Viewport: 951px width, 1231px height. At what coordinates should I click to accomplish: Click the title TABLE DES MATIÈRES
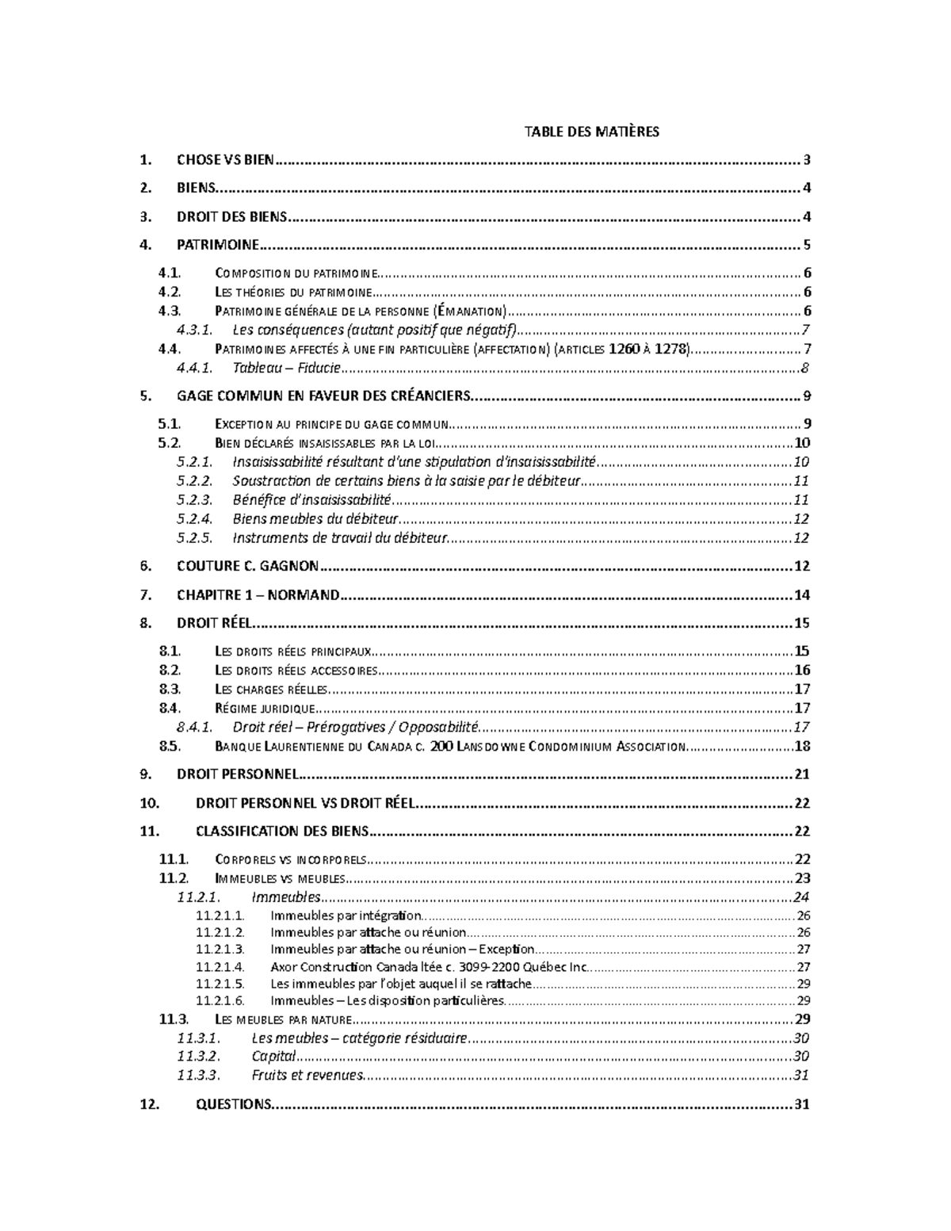pyautogui.click(x=591, y=132)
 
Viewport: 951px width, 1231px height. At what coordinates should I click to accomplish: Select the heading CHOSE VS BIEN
pyautogui.click(x=225, y=160)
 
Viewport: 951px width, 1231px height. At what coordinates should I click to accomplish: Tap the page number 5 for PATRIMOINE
pyautogui.click(x=806, y=245)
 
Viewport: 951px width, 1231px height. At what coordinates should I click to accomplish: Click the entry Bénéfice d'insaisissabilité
pyautogui.click(x=312, y=500)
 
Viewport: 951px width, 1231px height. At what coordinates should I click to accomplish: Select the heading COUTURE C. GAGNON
pyautogui.click(x=247, y=566)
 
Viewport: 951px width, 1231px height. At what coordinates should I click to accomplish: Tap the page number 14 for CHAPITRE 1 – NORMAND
pyautogui.click(x=802, y=595)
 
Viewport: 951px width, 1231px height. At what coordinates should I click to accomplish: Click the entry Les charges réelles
pyautogui.click(x=271, y=690)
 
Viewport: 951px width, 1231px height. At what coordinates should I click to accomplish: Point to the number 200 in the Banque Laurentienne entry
pyautogui.click(x=439, y=747)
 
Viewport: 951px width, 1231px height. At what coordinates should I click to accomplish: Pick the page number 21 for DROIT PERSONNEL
pyautogui.click(x=802, y=774)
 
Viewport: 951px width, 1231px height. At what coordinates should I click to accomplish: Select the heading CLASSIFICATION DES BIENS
pyautogui.click(x=281, y=831)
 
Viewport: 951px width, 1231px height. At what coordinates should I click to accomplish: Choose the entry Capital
pyautogui.click(x=273, y=1057)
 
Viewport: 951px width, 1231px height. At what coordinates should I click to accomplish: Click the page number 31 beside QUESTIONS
pyautogui.click(x=801, y=1105)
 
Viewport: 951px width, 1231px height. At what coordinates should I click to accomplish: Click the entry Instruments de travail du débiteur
pyautogui.click(x=340, y=538)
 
